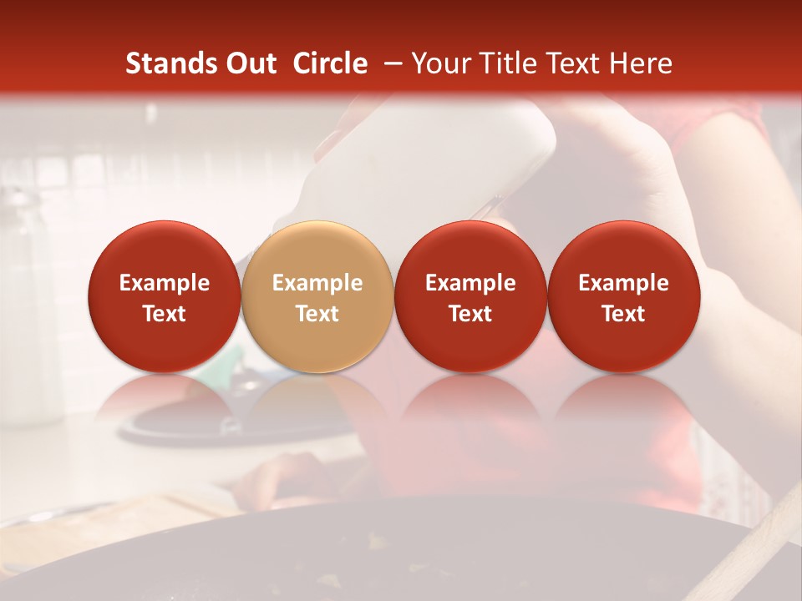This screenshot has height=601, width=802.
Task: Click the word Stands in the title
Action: [165, 63]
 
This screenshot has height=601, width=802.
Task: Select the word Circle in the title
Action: [330, 63]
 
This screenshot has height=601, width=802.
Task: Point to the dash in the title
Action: [389, 63]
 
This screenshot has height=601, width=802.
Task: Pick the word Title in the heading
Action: [509, 63]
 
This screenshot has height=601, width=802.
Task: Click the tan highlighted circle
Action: [317, 297]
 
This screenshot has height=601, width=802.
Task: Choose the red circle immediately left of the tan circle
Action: [165, 297]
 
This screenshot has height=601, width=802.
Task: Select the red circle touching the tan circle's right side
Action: [470, 297]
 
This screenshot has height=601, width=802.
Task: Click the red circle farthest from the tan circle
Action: [624, 297]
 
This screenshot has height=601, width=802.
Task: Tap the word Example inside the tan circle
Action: [317, 283]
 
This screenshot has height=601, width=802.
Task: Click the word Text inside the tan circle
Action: [317, 314]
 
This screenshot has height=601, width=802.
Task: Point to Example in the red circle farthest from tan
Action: [624, 283]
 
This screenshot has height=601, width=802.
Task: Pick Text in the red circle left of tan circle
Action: [165, 314]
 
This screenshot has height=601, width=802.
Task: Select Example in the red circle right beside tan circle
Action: [470, 283]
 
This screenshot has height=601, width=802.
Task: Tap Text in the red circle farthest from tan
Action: [624, 314]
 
